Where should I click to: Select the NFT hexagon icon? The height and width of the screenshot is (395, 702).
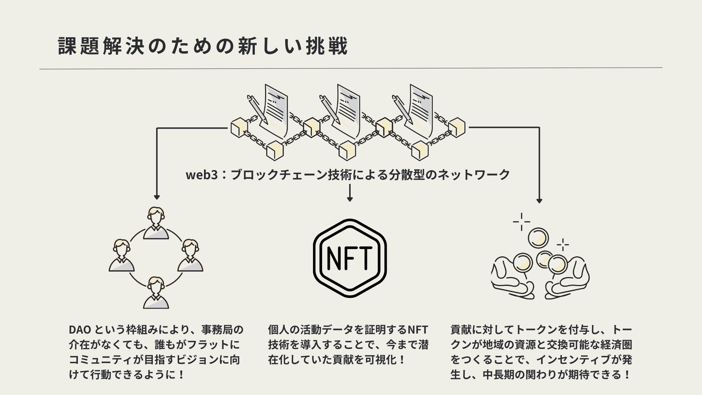(x=350, y=259)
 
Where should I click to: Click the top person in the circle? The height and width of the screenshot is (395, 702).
(x=156, y=223)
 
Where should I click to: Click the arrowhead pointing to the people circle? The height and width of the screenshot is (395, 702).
(x=157, y=197)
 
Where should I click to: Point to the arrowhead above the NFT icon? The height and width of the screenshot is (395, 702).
(x=350, y=199)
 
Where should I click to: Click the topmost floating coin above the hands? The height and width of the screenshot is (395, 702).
(x=538, y=238)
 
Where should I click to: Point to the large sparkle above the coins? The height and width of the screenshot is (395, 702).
(x=521, y=222)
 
